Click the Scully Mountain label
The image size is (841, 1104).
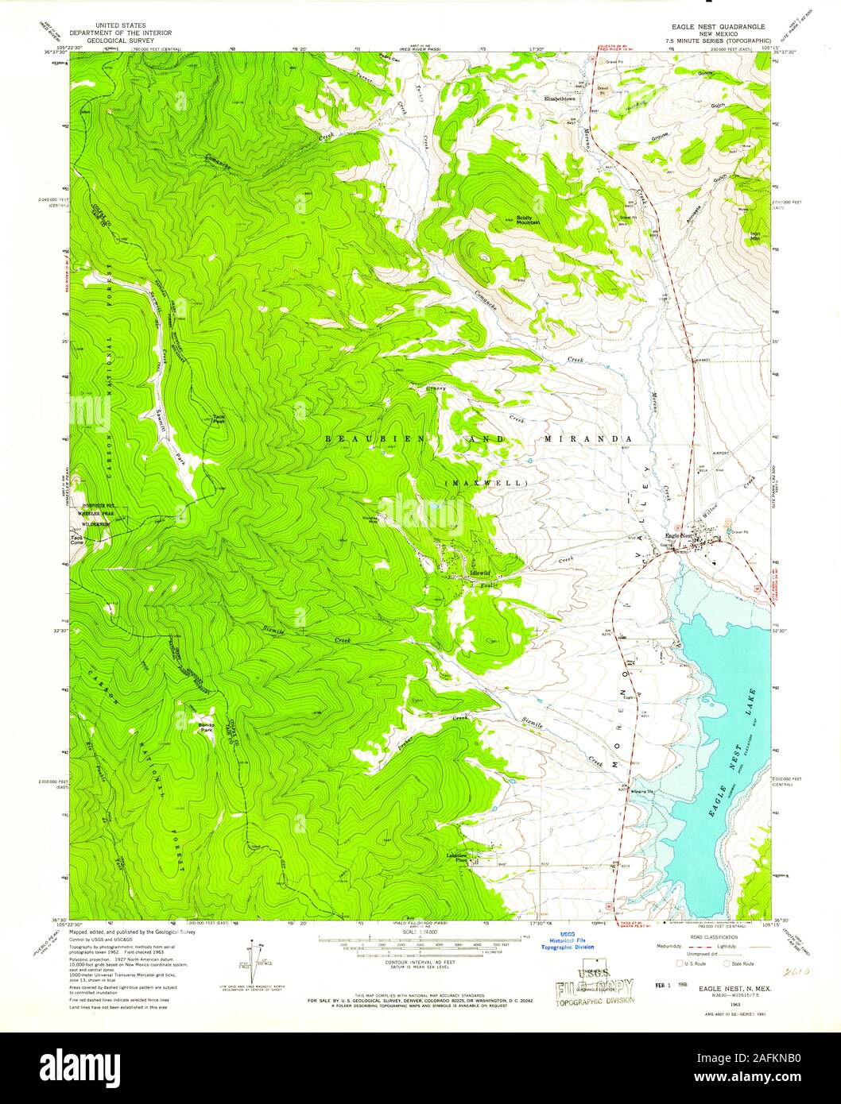click(528, 220)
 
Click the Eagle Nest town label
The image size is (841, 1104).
click(678, 536)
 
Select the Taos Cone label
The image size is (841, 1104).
click(77, 538)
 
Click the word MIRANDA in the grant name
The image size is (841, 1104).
click(589, 438)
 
